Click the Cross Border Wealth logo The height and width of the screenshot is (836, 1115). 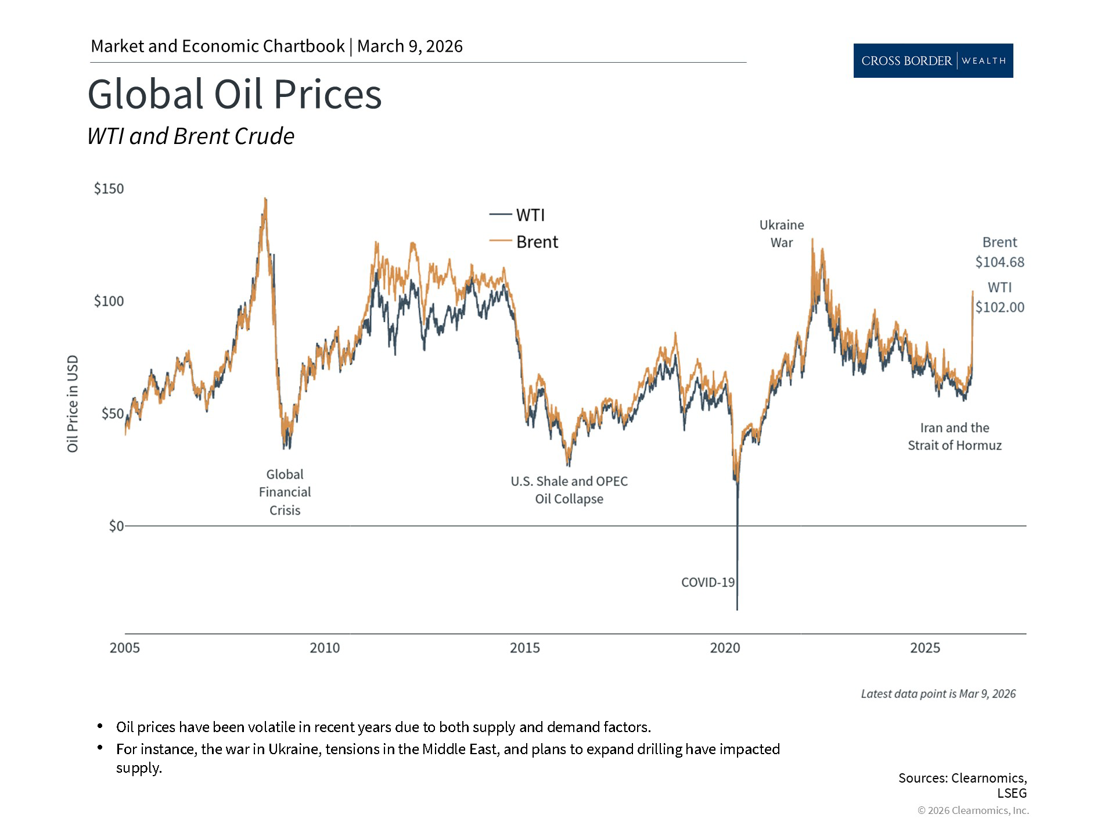933,60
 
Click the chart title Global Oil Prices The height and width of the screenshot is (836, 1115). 235,94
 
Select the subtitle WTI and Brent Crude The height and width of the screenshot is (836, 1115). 190,136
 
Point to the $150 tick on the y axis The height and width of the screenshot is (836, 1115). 109,189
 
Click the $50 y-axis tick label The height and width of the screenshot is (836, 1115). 112,413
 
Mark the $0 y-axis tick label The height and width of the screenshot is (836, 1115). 116,525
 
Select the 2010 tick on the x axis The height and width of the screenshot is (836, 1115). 325,647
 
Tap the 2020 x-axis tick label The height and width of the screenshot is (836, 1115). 725,647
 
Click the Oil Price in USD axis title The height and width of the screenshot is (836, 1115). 73,403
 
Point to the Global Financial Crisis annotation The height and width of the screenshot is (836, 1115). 285,492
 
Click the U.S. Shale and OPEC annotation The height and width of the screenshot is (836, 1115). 569,489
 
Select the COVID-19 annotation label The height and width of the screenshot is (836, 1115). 707,582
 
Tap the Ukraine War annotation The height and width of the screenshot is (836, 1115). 782,233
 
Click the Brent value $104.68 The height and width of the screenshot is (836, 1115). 999,262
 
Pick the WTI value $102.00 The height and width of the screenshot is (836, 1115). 999,307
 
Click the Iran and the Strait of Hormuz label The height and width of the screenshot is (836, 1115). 954,436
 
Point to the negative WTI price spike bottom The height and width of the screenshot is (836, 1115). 737,608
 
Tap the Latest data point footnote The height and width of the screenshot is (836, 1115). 938,694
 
